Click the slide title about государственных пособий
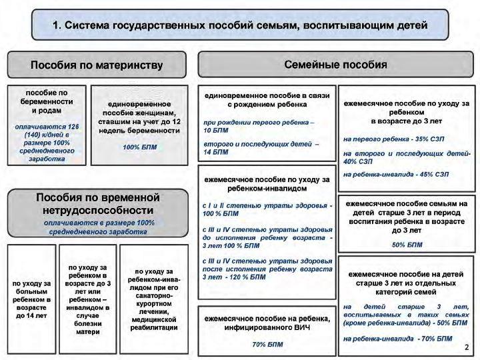click(x=239, y=25)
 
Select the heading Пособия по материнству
click(x=97, y=65)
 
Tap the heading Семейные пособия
click(x=335, y=65)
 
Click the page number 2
click(x=467, y=347)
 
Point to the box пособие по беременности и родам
click(x=46, y=101)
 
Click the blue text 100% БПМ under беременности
click(x=139, y=147)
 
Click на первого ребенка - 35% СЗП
click(x=393, y=139)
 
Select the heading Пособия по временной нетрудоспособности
click(x=98, y=204)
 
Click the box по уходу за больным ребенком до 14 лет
click(x=31, y=299)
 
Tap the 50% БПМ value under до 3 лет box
click(x=407, y=245)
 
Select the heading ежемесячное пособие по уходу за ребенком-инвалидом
click(x=267, y=184)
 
